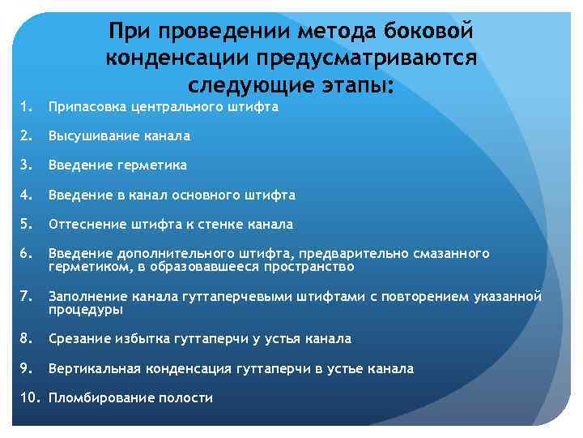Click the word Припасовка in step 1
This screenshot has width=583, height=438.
[x=86, y=106]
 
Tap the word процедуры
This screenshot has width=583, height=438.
[x=85, y=309]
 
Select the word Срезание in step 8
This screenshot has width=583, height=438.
[x=79, y=339]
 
